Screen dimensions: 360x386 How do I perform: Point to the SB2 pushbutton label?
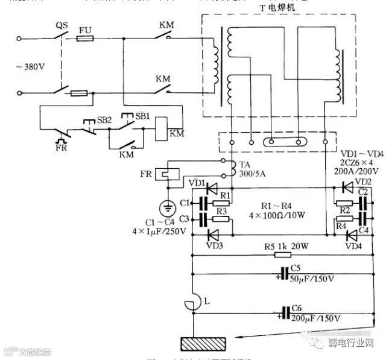(104, 119)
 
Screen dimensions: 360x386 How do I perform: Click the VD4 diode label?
(354, 245)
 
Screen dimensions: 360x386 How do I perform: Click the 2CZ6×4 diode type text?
(359, 162)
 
